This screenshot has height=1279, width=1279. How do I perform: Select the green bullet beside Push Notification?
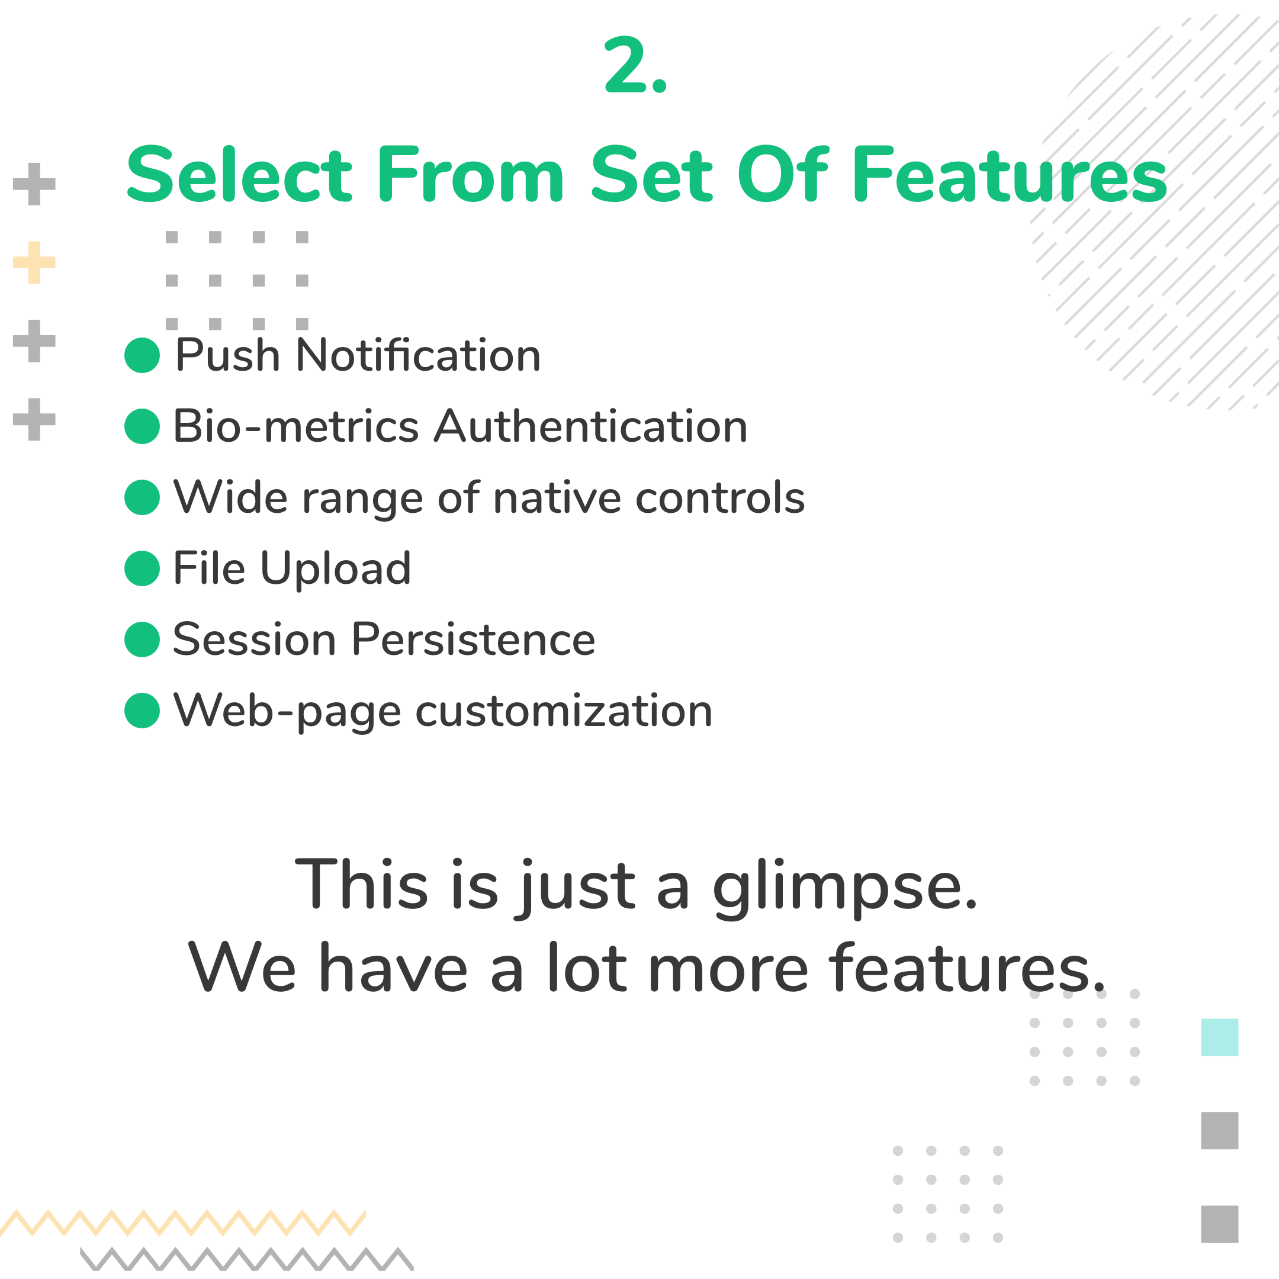(142, 355)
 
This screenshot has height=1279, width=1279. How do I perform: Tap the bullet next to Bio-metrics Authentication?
(142, 426)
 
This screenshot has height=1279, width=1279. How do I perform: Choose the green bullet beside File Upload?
(142, 568)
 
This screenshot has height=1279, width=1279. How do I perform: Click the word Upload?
(336, 568)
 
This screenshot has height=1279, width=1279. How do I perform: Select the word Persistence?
(473, 639)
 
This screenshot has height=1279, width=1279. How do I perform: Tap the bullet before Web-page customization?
(142, 711)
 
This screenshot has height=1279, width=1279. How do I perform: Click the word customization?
(564, 711)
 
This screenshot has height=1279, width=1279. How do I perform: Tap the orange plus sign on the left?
(34, 262)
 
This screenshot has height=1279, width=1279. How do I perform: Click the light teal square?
(1219, 1037)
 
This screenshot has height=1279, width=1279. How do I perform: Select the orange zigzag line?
(183, 1223)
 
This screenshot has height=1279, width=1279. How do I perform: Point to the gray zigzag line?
(247, 1259)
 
